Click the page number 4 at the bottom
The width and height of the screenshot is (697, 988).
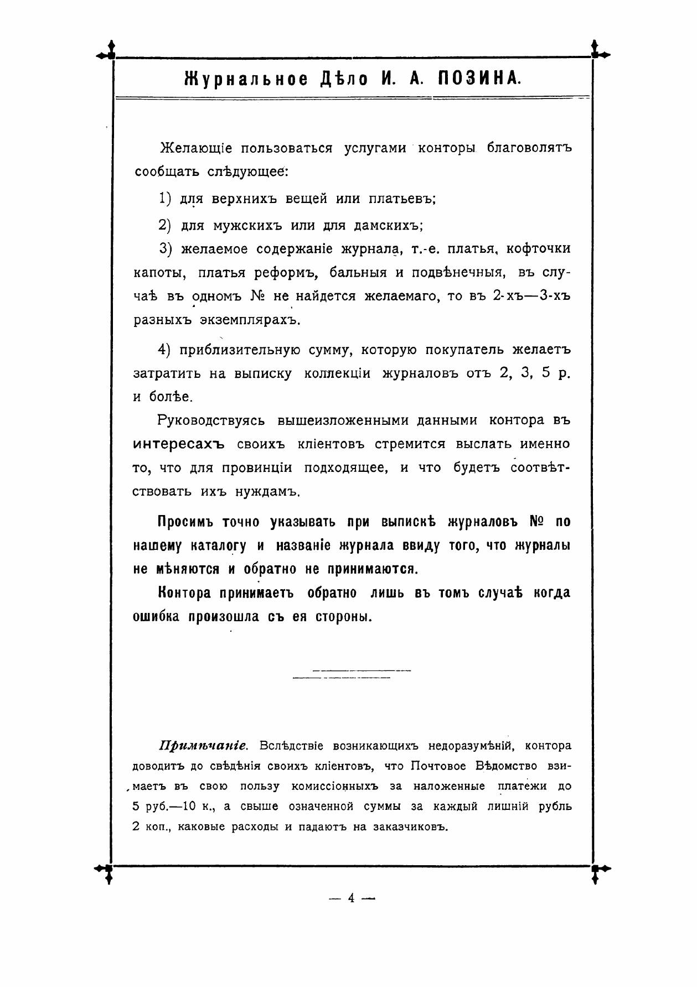[351, 898]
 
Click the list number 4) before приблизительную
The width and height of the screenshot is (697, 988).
[167, 350]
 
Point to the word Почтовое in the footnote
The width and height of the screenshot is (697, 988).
[438, 766]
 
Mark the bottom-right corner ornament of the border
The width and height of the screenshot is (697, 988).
[595, 869]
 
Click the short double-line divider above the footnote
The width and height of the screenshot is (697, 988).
[351, 674]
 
